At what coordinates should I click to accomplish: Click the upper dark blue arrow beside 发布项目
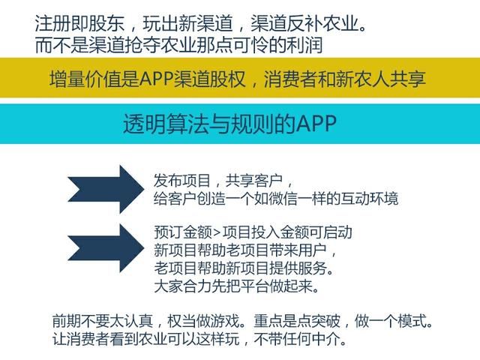coord(106,189)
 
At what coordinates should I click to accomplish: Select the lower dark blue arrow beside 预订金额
coord(106,248)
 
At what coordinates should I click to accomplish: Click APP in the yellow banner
coord(157,79)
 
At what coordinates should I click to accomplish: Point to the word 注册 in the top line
coord(52,23)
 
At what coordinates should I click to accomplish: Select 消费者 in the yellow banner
coord(291,79)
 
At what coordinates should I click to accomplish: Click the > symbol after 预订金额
coord(217,232)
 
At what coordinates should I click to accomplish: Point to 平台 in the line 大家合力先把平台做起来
coord(254,286)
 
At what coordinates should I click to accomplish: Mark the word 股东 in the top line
coord(106,23)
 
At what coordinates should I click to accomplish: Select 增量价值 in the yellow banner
coord(85,79)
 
